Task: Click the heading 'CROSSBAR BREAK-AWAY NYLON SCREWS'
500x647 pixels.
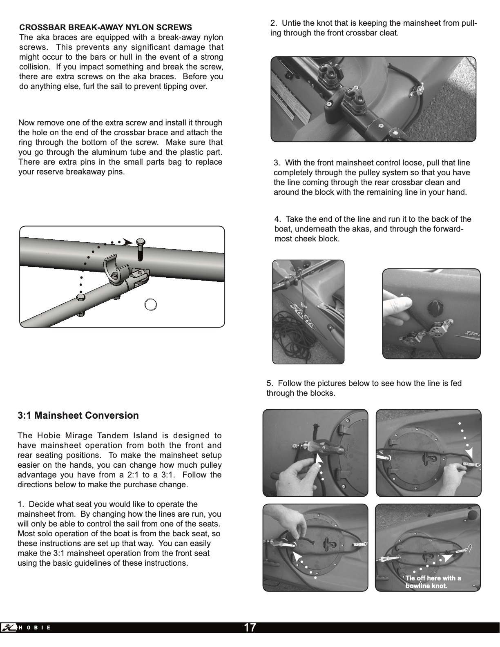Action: pyautogui.click(x=105, y=28)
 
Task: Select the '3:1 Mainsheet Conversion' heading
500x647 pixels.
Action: pyautogui.click(x=78, y=415)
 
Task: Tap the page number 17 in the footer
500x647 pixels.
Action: pyautogui.click(x=250, y=627)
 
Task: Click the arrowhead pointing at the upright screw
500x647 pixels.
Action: pyautogui.click(x=128, y=242)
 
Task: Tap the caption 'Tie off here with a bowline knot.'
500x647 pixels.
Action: pyautogui.click(x=433, y=582)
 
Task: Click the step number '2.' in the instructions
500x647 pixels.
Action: pyautogui.click(x=274, y=23)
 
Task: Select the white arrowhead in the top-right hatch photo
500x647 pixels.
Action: pyautogui.click(x=469, y=453)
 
